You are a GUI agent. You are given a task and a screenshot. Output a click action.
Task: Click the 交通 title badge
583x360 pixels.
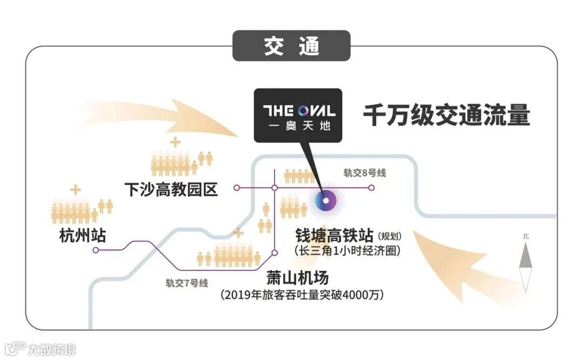tap(291, 46)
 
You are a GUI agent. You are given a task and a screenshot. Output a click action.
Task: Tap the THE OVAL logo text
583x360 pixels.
tap(299, 111)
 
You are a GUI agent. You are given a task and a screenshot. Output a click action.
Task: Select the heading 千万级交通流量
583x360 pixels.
tap(446, 116)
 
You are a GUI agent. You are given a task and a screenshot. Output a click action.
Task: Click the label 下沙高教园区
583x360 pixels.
tap(171, 189)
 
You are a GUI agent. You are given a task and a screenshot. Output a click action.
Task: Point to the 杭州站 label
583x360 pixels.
tap(83, 236)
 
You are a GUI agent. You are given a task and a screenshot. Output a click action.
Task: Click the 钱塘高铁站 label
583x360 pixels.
tap(334, 236)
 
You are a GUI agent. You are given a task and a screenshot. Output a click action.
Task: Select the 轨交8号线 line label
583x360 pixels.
tap(365, 173)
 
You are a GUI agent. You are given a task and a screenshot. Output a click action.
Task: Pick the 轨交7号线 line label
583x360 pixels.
tap(186, 282)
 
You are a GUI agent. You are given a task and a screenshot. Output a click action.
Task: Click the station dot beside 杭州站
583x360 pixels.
tap(96, 250)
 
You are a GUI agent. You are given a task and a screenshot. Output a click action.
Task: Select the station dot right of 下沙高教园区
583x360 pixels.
tap(236, 188)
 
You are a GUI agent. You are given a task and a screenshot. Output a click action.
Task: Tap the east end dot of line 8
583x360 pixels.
tap(371, 188)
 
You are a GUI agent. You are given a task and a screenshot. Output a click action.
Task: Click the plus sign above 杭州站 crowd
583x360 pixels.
tap(76, 189)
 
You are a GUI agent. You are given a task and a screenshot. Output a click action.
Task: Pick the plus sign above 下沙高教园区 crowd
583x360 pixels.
tap(174, 142)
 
